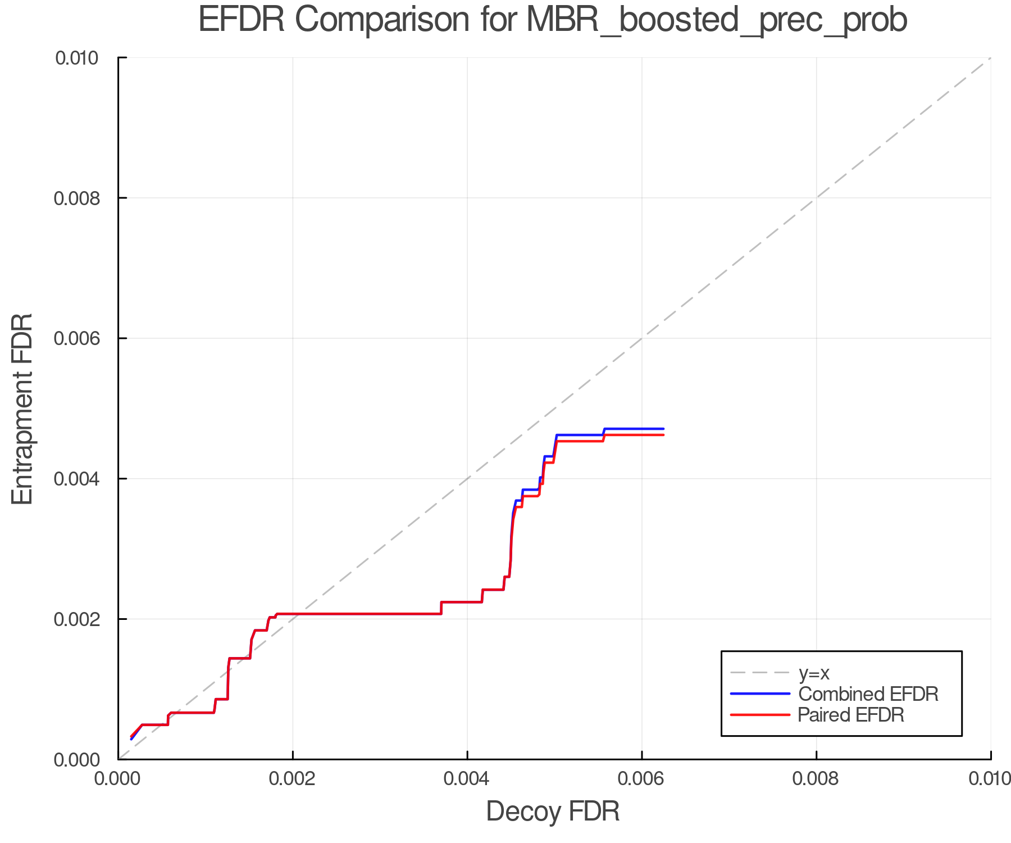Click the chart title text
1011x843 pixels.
click(x=553, y=20)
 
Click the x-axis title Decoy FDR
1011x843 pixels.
click(x=553, y=811)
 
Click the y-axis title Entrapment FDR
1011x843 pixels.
click(x=22, y=409)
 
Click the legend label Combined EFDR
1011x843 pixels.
click(x=868, y=694)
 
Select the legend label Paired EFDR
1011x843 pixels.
click(x=851, y=715)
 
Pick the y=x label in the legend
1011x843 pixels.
click(x=814, y=673)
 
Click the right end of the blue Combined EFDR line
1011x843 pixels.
click(x=663, y=429)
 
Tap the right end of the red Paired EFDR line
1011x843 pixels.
click(x=663, y=435)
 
